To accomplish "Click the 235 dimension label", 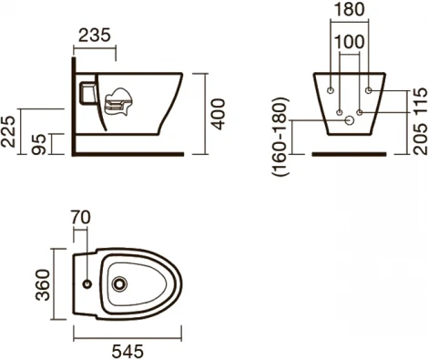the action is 95,35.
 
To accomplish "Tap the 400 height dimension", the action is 219,114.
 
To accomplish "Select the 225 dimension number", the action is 8,131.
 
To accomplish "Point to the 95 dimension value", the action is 39,144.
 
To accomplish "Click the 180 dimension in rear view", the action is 349,9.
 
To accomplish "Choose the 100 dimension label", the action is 350,42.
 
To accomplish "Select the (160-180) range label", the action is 280,137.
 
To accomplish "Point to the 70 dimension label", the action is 81,218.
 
